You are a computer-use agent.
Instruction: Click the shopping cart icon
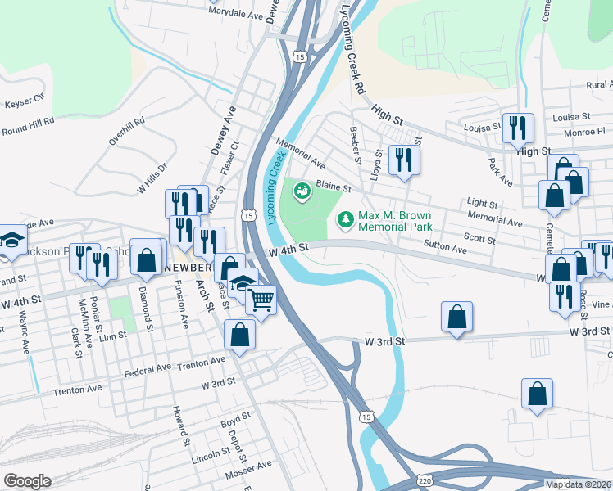click(261, 300)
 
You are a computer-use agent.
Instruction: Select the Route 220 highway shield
click(423, 478)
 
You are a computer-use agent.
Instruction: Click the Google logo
click(27, 480)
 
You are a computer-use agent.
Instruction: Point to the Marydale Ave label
click(235, 14)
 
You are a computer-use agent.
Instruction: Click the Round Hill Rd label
click(27, 125)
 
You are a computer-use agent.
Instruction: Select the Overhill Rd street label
click(128, 131)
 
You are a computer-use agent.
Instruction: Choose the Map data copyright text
click(578, 484)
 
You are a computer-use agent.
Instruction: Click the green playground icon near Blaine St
click(302, 191)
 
